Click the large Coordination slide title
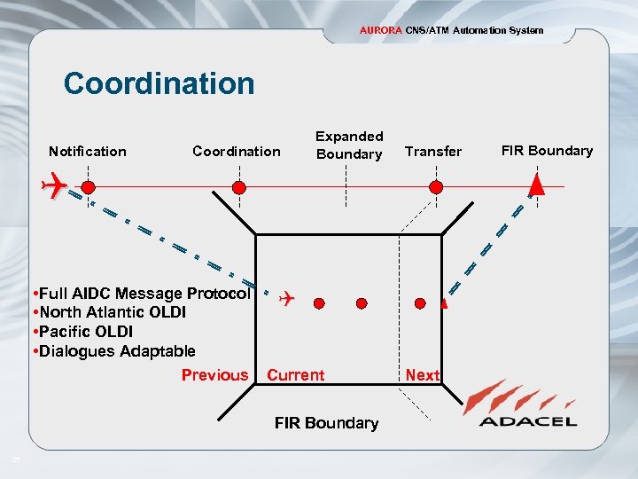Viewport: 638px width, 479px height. pos(159,83)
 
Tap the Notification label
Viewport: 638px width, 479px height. pos(88,152)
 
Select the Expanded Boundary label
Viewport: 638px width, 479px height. pos(349,145)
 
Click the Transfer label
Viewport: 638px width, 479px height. pos(433,152)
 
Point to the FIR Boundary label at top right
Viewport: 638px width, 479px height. pos(547,150)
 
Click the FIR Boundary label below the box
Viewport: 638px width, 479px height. pos(326,423)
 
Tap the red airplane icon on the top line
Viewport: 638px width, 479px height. pos(56,186)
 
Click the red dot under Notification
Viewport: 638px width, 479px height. pos(89,187)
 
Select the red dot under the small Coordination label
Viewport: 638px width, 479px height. pos(238,187)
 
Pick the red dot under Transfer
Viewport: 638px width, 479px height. pos(435,187)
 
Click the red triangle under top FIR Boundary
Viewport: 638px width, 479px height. pos(536,185)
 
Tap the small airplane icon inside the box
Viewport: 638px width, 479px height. pos(285,300)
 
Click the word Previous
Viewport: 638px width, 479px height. pos(214,375)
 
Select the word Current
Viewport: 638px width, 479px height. pos(296,375)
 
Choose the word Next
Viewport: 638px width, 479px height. pos(422,375)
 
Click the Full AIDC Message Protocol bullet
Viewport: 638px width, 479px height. pos(140,294)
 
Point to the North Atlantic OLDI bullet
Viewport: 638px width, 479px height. pos(107,312)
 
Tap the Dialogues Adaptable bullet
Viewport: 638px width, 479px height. pos(113,351)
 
